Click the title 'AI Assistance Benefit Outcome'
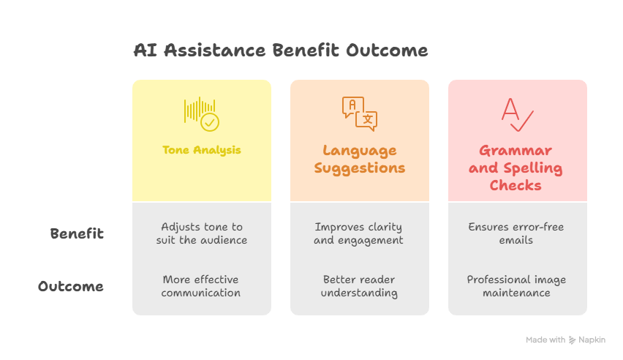(281, 50)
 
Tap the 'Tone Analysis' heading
(201, 150)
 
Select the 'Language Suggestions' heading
(360, 159)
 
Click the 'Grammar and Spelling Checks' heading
(516, 168)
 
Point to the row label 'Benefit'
(77, 233)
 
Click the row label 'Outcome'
(71, 286)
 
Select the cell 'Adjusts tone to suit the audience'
(201, 233)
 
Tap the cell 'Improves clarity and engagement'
(358, 233)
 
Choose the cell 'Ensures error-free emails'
(516, 233)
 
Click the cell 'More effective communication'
(200, 286)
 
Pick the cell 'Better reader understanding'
(359, 286)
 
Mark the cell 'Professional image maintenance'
(516, 286)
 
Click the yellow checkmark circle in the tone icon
(210, 122)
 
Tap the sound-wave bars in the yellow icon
(199, 110)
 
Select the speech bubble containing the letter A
(352, 107)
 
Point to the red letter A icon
(510, 109)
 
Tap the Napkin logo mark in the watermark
(572, 340)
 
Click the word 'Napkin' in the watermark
(592, 340)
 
